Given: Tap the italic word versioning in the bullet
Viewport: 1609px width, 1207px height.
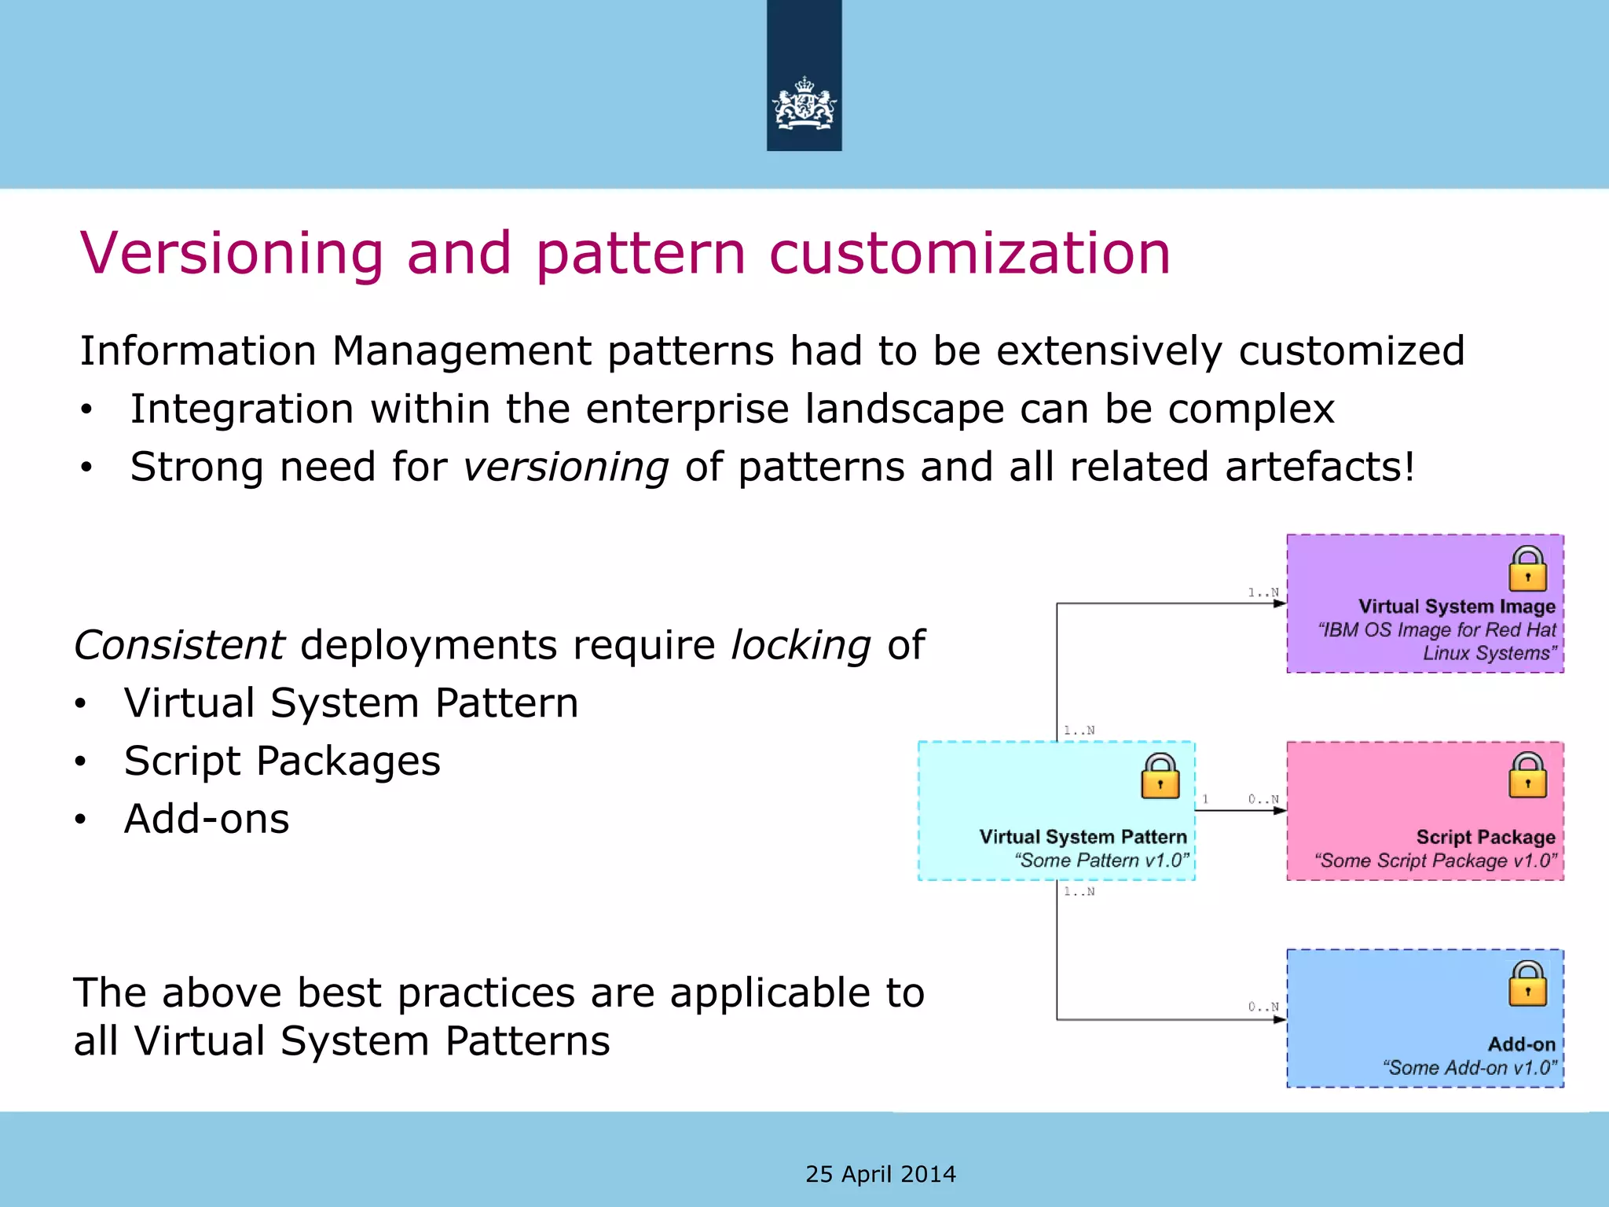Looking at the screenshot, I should click(566, 467).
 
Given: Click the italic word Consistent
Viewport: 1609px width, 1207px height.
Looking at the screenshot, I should click(179, 645).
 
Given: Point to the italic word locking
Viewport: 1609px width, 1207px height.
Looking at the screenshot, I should click(801, 645).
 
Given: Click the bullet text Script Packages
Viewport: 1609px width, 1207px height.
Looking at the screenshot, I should click(282, 761).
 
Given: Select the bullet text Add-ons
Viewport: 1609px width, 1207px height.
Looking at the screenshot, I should click(207, 819).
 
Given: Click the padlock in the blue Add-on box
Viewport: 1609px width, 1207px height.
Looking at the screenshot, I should click(1527, 984).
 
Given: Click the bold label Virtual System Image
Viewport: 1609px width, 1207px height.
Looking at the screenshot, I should click(1457, 607).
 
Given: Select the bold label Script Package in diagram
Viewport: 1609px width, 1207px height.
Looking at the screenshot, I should click(1485, 837).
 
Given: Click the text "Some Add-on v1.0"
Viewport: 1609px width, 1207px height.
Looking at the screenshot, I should click(1469, 1068).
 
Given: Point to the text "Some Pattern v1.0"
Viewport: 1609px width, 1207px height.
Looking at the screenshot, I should click(1101, 860).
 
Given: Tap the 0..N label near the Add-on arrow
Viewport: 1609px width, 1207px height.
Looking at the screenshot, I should click(1263, 1007).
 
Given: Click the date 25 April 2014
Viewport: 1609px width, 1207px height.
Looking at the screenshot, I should click(881, 1174).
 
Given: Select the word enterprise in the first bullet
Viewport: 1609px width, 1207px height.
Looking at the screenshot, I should click(687, 409).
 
